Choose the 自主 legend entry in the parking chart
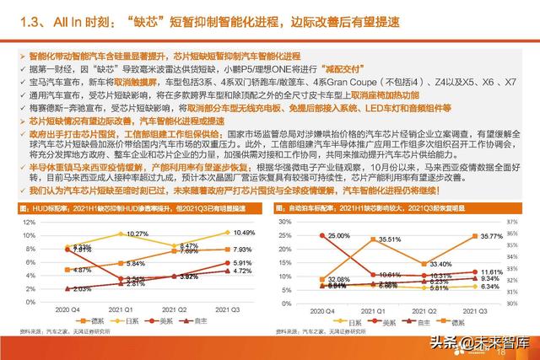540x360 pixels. (x=444, y=322)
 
